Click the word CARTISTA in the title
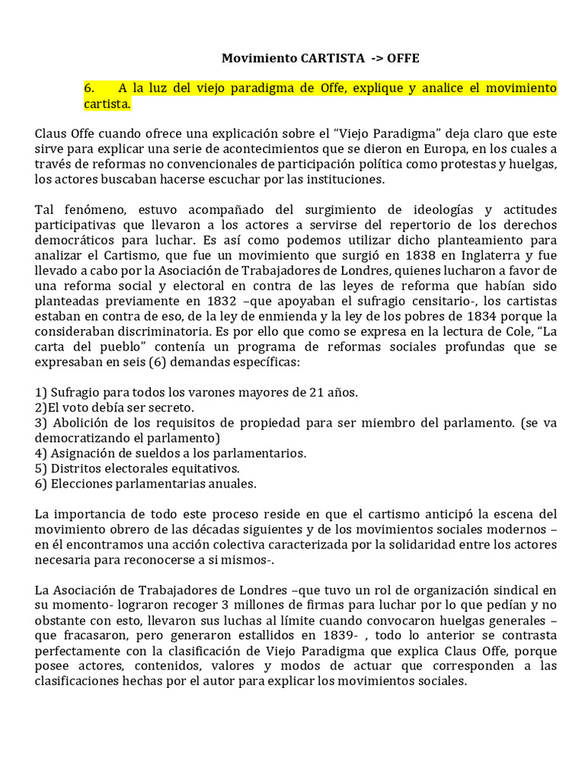[318, 58]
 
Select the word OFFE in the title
[403, 58]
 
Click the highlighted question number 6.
[89, 88]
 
